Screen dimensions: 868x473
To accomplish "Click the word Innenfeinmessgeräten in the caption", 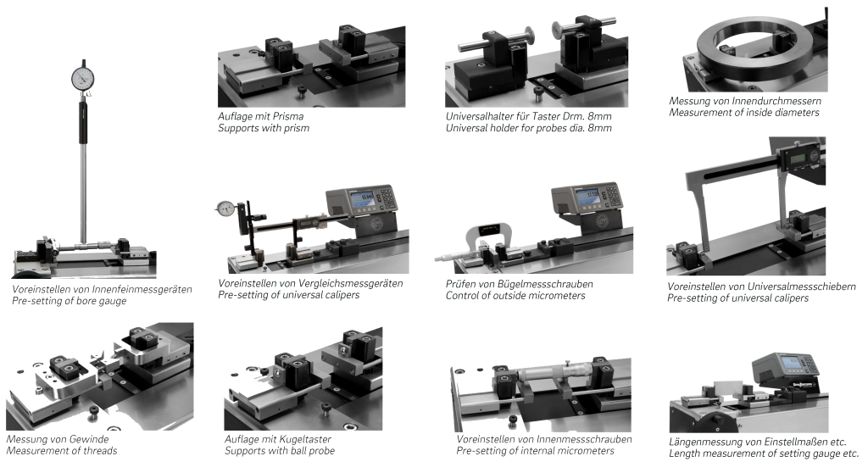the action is tap(142, 290).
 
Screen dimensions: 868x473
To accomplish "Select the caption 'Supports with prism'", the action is tap(264, 128).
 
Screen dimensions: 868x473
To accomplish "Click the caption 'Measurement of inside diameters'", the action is tap(744, 113).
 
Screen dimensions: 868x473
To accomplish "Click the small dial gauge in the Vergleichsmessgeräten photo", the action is tap(225, 209).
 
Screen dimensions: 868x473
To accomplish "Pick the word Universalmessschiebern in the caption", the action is tap(802, 287).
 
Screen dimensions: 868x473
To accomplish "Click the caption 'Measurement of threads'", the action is tap(62, 451).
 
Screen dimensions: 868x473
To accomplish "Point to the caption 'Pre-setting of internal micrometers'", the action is tap(536, 451).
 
